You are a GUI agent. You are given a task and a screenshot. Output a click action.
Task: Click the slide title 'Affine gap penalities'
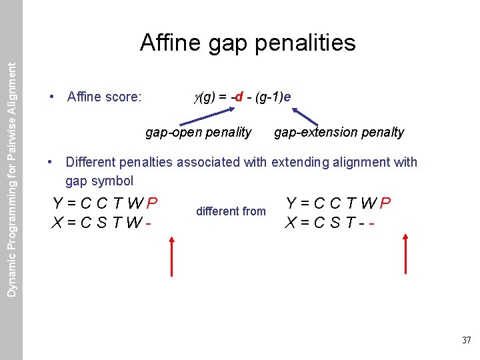247,43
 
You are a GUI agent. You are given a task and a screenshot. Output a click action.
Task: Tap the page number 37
466,341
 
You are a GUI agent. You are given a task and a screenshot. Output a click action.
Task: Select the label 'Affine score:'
105,97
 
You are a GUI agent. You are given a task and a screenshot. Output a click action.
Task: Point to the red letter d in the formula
238,97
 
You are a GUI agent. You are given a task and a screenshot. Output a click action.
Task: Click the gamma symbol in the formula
197,98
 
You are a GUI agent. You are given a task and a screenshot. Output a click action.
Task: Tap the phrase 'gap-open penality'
198,132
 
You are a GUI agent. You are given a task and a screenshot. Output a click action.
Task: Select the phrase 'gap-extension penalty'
339,132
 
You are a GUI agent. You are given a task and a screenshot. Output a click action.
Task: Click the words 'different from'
231,211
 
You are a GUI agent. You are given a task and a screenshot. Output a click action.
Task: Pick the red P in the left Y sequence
152,203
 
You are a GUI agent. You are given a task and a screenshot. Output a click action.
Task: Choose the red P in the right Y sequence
385,203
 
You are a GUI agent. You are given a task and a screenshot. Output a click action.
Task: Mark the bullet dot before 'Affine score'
52,97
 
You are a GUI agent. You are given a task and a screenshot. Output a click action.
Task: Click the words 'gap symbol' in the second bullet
99,181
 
